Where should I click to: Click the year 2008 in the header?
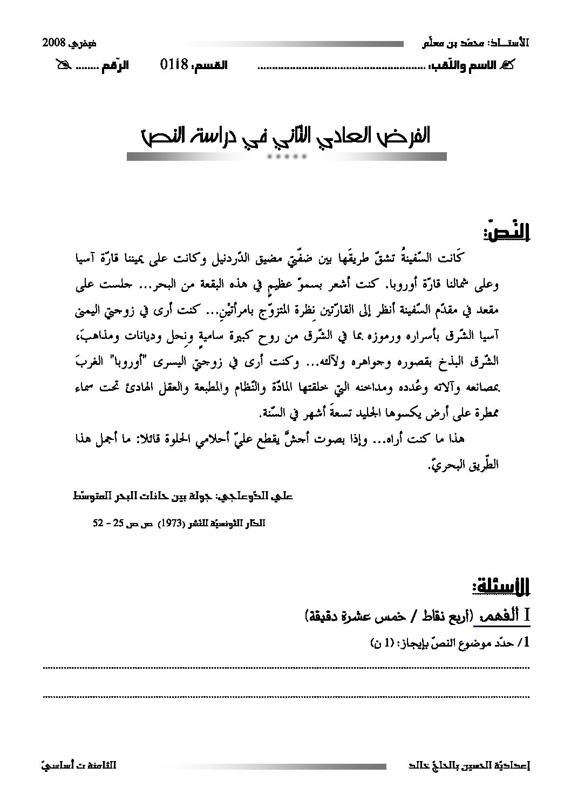click(x=54, y=43)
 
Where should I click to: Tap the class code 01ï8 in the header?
click(x=173, y=65)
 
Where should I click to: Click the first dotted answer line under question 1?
click(x=285, y=668)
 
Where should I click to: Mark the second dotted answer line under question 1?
click(x=285, y=696)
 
